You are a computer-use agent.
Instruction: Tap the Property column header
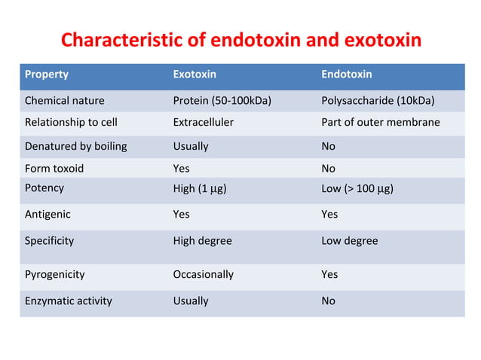(47, 75)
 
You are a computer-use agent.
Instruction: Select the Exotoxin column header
(194, 75)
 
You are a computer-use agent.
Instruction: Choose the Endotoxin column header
(346, 75)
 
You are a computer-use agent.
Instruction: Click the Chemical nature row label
(65, 100)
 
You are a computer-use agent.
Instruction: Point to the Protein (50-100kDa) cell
(222, 100)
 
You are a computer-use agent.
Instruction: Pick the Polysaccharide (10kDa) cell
(378, 100)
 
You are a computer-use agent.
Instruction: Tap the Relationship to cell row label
(71, 122)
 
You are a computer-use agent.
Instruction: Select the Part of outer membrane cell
(380, 122)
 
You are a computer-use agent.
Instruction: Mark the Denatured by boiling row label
(75, 145)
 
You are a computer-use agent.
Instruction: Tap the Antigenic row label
(47, 214)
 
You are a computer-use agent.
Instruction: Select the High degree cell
(202, 241)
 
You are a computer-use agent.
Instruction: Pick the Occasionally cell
(203, 274)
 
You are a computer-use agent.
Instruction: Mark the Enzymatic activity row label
(68, 301)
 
